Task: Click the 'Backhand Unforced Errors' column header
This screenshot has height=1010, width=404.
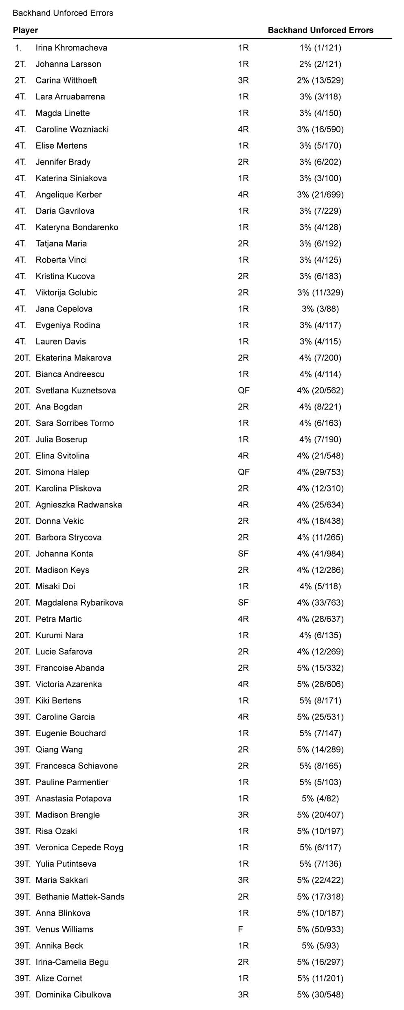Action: pyautogui.click(x=320, y=30)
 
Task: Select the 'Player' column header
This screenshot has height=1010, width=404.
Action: pyautogui.click(x=25, y=30)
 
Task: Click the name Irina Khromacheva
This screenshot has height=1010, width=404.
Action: pyautogui.click(x=71, y=48)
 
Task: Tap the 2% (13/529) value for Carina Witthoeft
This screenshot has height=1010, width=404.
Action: pyautogui.click(x=320, y=80)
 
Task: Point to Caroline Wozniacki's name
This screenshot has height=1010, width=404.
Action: pyautogui.click(x=72, y=129)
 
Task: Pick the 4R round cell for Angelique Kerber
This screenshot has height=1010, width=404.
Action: pyautogui.click(x=243, y=194)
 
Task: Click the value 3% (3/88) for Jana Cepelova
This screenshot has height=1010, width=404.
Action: pyautogui.click(x=320, y=309)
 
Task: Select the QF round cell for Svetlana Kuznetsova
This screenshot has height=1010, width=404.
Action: pyautogui.click(x=244, y=390)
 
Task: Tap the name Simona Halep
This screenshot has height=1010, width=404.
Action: pyautogui.click(x=62, y=472)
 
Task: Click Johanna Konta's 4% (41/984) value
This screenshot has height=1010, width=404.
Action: pyautogui.click(x=320, y=553)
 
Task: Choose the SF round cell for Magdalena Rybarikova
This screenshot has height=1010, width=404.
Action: pyautogui.click(x=243, y=602)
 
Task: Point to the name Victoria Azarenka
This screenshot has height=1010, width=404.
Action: pyautogui.click(x=68, y=684)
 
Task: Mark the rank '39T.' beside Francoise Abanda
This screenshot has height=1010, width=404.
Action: pyautogui.click(x=22, y=668)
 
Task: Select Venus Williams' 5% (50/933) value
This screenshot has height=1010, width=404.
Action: pyautogui.click(x=320, y=929)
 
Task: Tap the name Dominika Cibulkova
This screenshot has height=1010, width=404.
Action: pyautogui.click(x=73, y=995)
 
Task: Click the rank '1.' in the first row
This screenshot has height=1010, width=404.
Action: pyautogui.click(x=18, y=48)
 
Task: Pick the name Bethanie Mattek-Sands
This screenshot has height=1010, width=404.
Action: pyautogui.click(x=80, y=896)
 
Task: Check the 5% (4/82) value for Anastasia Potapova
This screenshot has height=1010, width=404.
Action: pyautogui.click(x=320, y=799)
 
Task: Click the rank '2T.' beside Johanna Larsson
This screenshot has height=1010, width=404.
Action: pyautogui.click(x=20, y=64)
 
